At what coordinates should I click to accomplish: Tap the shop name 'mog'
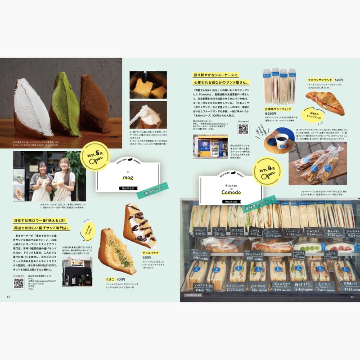[128, 178]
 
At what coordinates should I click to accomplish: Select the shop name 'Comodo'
[231, 192]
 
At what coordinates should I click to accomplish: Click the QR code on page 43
[18, 283]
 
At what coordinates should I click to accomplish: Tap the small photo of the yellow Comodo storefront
[210, 146]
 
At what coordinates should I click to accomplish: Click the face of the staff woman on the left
[37, 166]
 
